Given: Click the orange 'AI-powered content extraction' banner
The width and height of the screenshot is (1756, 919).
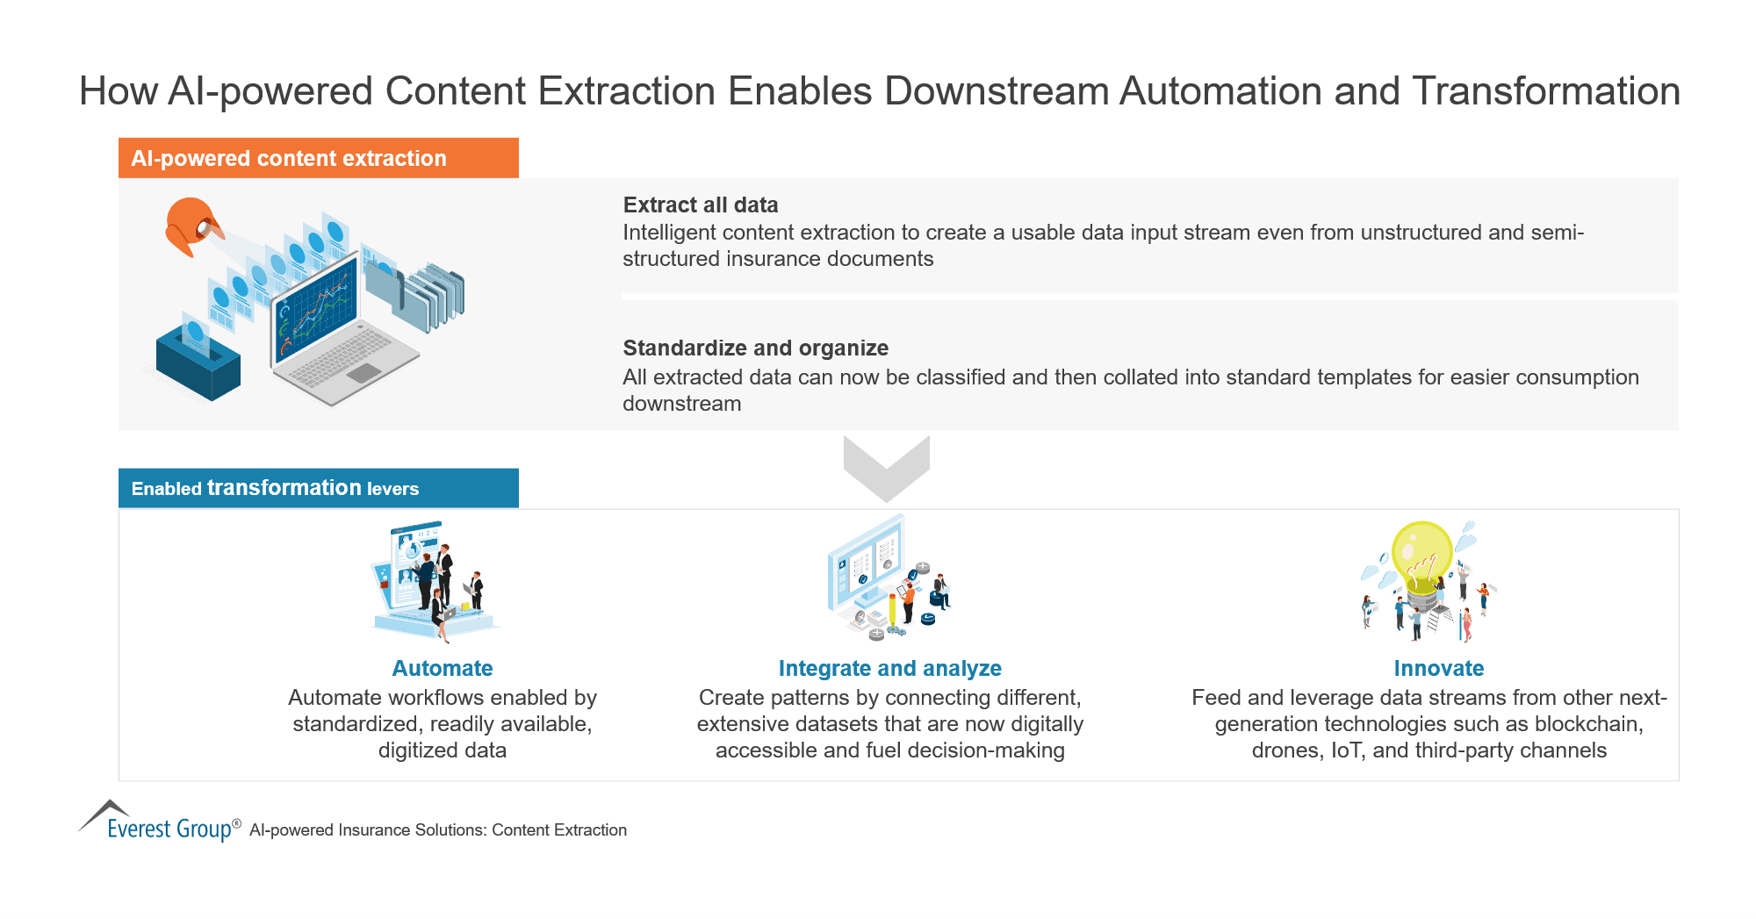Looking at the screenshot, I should (318, 158).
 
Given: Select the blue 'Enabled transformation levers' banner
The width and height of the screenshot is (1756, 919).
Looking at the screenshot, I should (318, 488).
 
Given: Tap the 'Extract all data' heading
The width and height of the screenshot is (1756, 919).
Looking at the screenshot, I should (700, 205).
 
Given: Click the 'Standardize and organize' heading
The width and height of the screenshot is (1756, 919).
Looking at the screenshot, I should (755, 348).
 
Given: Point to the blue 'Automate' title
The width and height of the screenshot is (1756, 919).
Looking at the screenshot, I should (442, 668).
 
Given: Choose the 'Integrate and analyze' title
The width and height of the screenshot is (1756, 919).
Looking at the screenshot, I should (889, 668).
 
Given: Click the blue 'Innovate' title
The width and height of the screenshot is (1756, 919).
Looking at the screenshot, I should (1438, 668).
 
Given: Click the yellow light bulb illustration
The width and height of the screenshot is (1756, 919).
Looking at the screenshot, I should (1422, 553).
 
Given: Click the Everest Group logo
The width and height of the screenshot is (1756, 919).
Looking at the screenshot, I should (158, 823).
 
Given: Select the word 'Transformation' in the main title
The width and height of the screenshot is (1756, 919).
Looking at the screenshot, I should (1546, 91).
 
